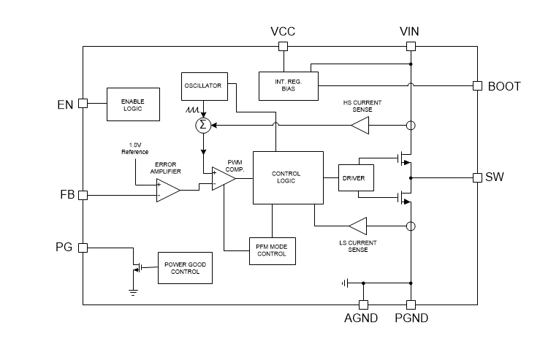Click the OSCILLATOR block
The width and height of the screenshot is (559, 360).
[x=204, y=87]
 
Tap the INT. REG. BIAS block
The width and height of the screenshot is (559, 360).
[x=287, y=85]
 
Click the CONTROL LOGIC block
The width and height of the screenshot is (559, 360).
[x=287, y=177]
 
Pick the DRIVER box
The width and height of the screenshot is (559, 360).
[x=354, y=178]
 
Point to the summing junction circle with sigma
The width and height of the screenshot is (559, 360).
[x=204, y=126]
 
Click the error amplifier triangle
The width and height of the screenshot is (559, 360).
[x=167, y=191]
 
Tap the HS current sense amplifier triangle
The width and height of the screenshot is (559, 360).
[x=360, y=126]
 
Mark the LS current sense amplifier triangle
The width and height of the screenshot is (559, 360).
[x=358, y=226]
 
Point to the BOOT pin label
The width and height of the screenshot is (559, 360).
[x=504, y=86]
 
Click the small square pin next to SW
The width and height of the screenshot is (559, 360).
[x=477, y=177]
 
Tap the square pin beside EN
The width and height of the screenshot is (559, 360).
[x=83, y=103]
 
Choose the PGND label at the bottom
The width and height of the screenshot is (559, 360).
[x=411, y=318]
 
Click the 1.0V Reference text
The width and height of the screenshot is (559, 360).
[x=134, y=148]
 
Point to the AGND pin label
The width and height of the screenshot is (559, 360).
[x=362, y=318]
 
